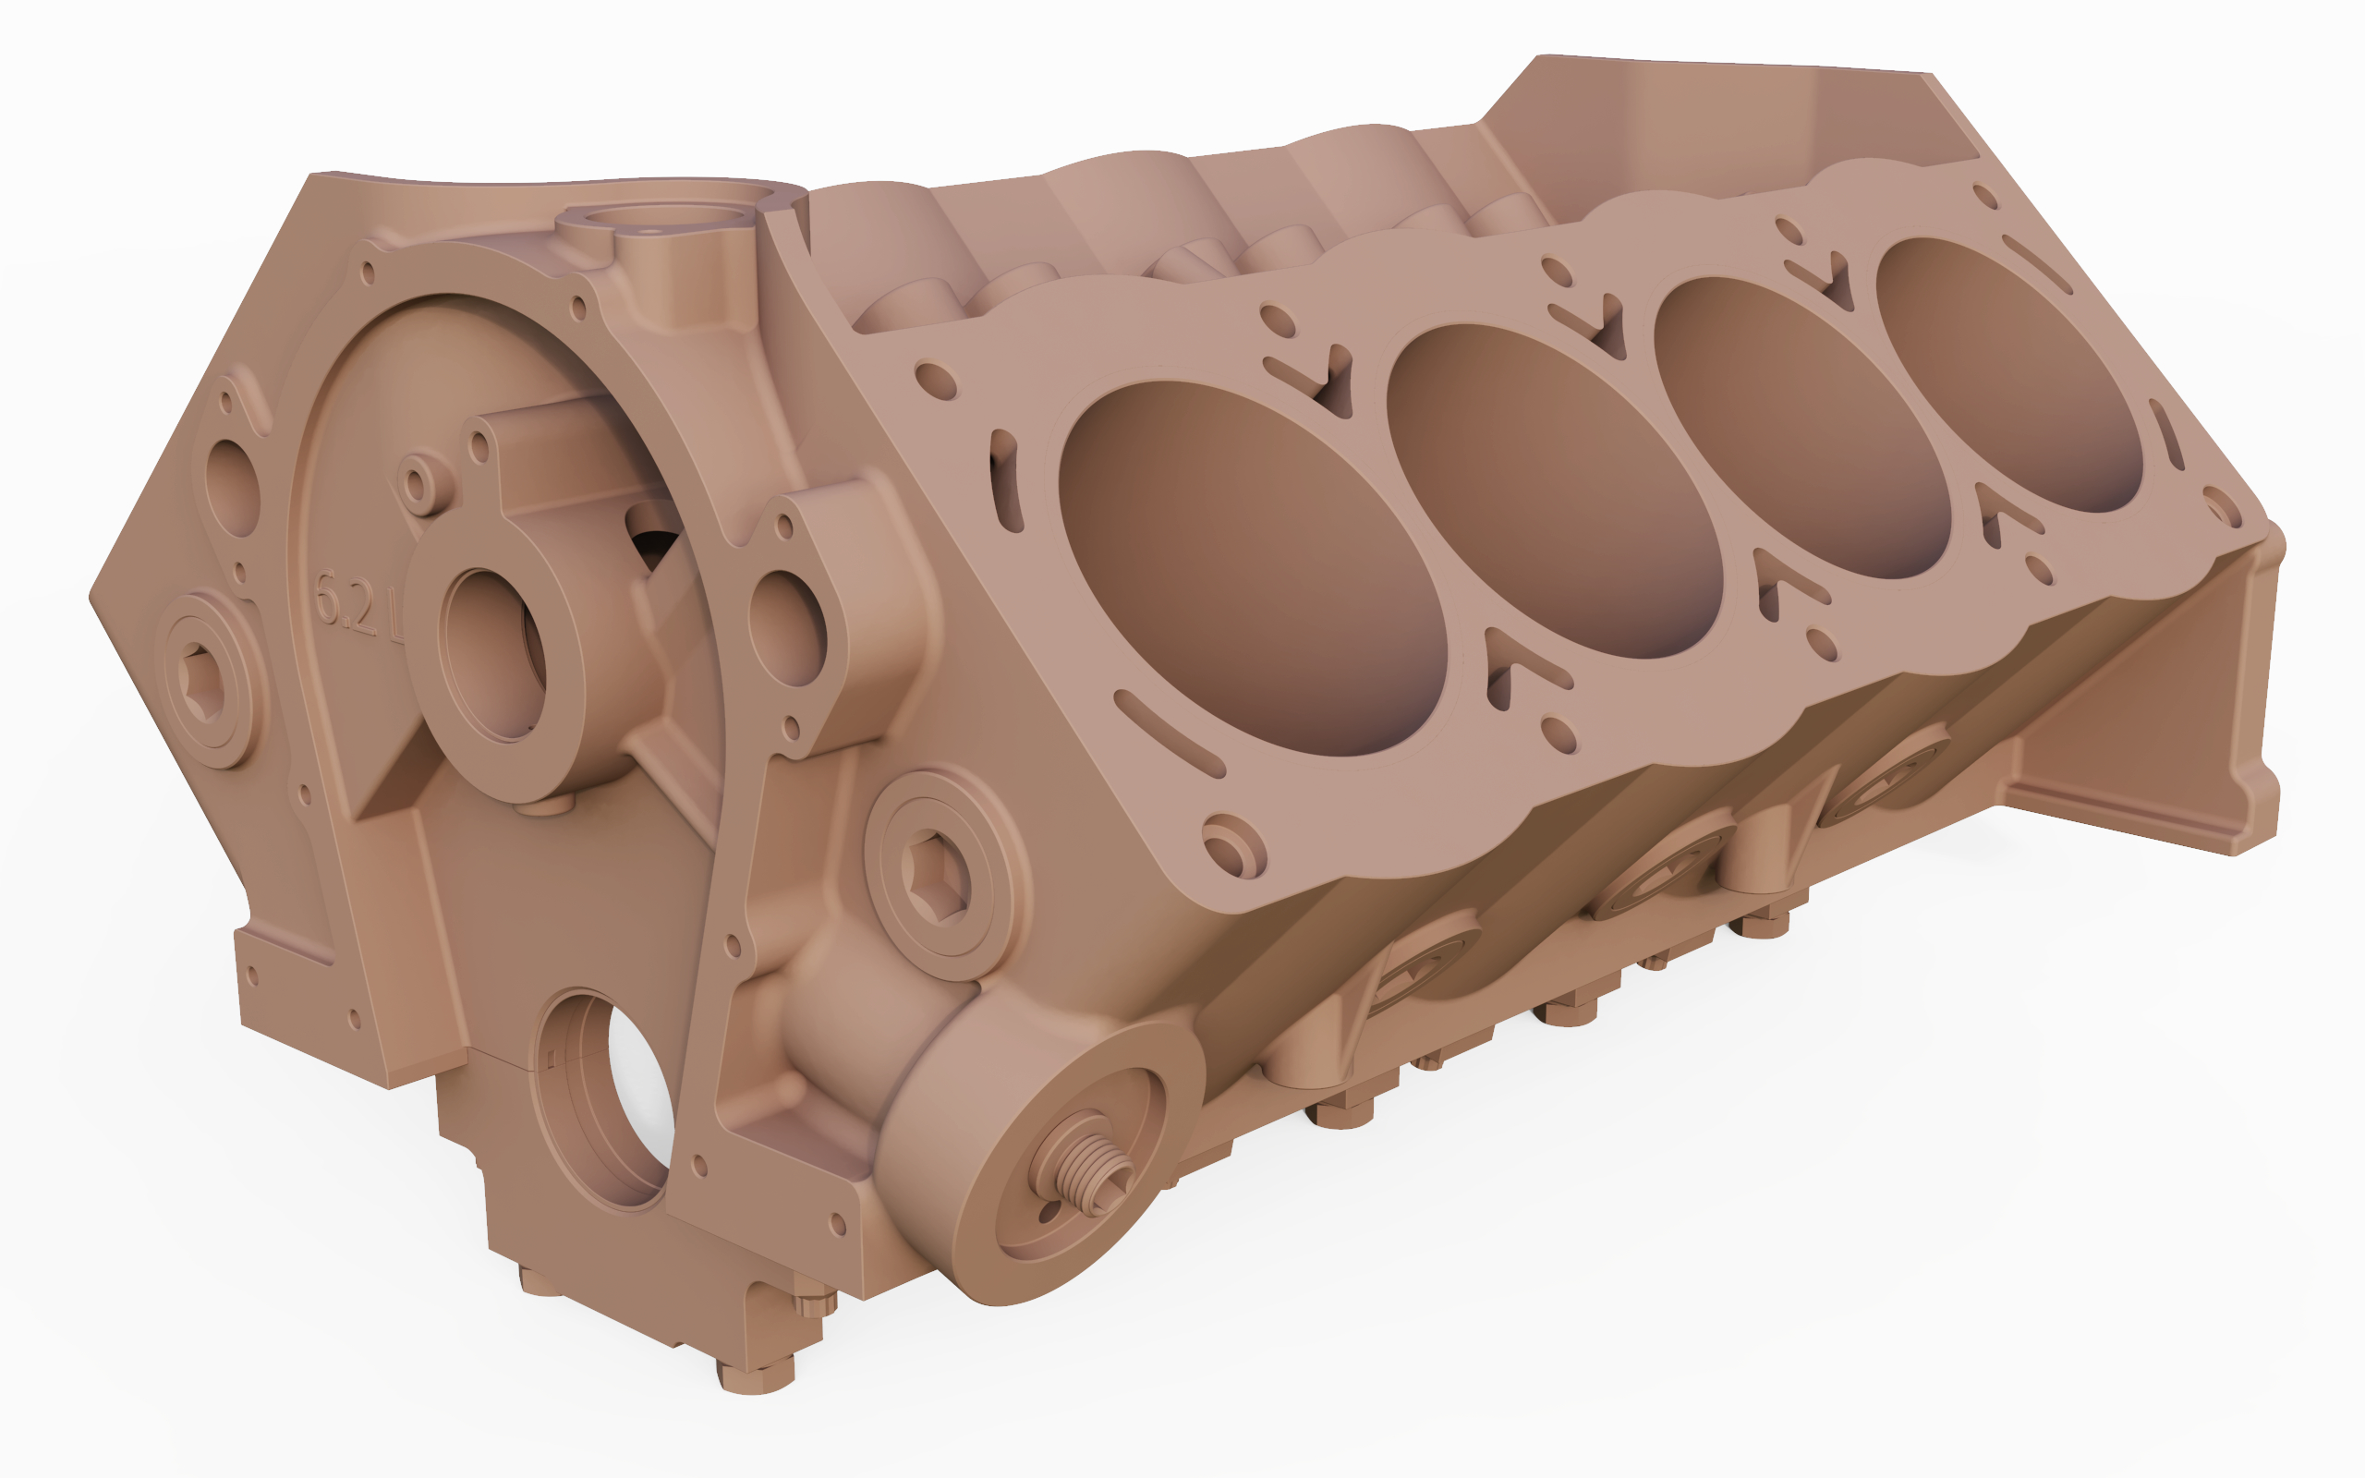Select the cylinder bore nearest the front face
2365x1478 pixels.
click(1251, 567)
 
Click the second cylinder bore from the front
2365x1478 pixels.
click(1554, 489)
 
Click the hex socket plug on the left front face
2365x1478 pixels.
click(205, 678)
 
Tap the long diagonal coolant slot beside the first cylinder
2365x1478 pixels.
click(1167, 733)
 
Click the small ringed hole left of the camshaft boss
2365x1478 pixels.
click(418, 482)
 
